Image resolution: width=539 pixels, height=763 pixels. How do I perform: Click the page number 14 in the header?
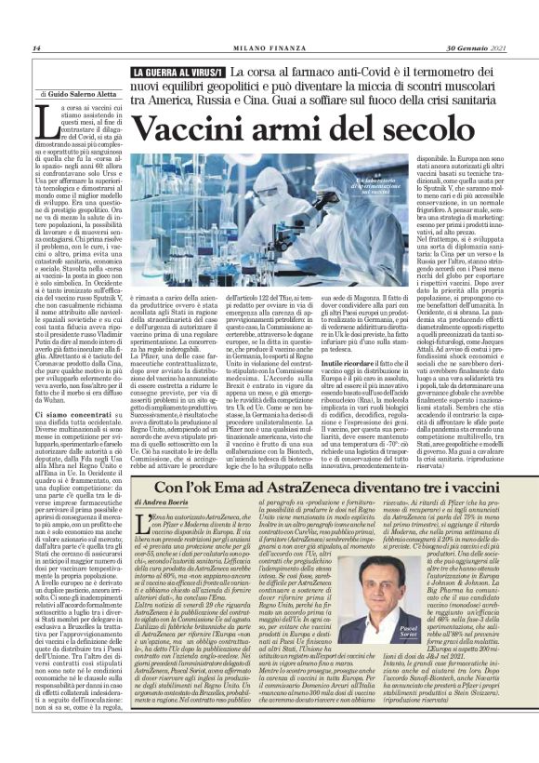[37, 48]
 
